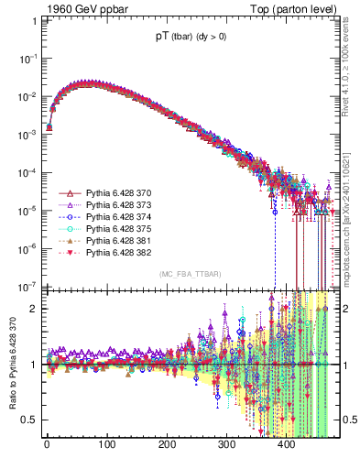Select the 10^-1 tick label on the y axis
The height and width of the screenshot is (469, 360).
(x=27, y=58)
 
